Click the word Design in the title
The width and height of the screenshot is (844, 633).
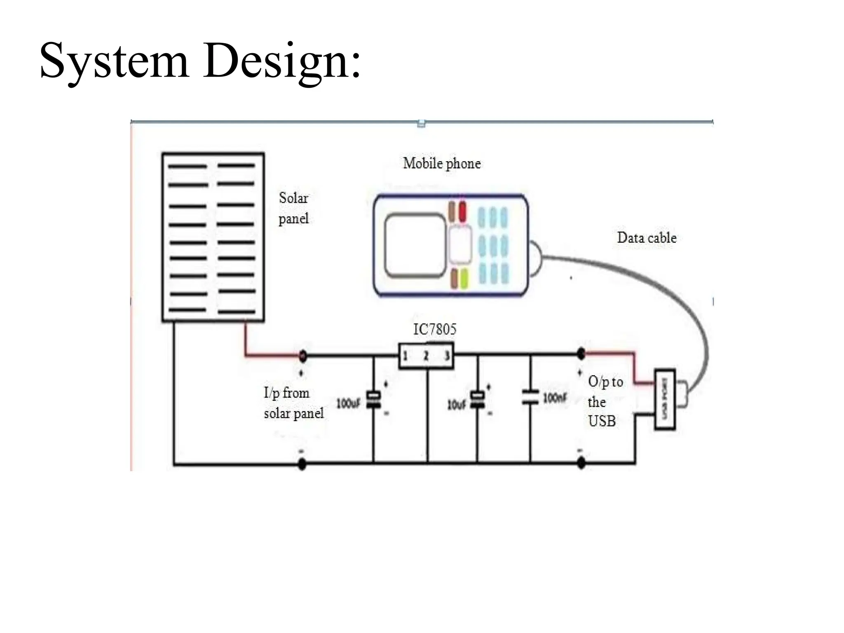pos(282,62)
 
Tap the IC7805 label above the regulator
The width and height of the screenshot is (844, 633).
pos(435,329)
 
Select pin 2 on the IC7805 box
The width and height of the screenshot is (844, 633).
pos(426,356)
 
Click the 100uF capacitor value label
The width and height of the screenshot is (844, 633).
pos(348,403)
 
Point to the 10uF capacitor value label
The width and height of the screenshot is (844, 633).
pos(457,405)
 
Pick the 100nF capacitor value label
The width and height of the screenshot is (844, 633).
pos(554,398)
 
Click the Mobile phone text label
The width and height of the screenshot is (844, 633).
pos(442,164)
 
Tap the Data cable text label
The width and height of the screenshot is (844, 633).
pos(647,238)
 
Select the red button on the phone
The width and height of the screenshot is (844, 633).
pos(463,211)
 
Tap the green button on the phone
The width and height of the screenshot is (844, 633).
pos(464,278)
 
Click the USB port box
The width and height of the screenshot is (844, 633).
pos(665,399)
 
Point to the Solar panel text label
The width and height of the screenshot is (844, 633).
pos(293,208)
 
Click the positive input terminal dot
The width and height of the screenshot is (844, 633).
pos(302,355)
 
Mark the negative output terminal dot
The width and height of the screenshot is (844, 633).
pos(581,463)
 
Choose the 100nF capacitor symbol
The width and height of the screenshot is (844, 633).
pos(530,396)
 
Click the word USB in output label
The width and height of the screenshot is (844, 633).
pos(602,421)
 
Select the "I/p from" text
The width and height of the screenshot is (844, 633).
pos(287,393)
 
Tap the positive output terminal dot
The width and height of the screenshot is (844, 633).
pos(581,353)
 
